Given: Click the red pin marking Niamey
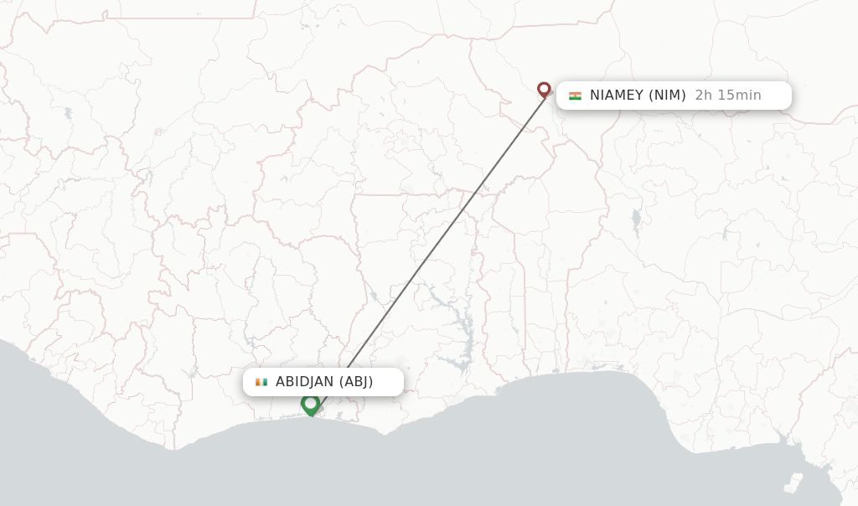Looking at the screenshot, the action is coord(544,89).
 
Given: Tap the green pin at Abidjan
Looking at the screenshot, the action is coord(311,404).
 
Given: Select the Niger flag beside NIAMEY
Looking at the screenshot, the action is coord(575,96).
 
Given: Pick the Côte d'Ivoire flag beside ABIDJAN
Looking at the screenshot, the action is coord(261,382).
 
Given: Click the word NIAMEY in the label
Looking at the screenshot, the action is coord(617,96).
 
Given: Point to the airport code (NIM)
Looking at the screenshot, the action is coord(668,96).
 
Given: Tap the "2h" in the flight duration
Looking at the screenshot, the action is coord(704,96).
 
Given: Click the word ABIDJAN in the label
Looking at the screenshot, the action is coord(304,382).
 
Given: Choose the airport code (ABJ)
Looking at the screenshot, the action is coord(356,382).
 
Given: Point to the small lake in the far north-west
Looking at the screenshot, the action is coord(68,112).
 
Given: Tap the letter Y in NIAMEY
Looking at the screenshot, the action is coord(639,96).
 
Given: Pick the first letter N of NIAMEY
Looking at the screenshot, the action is coord(595,96).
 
